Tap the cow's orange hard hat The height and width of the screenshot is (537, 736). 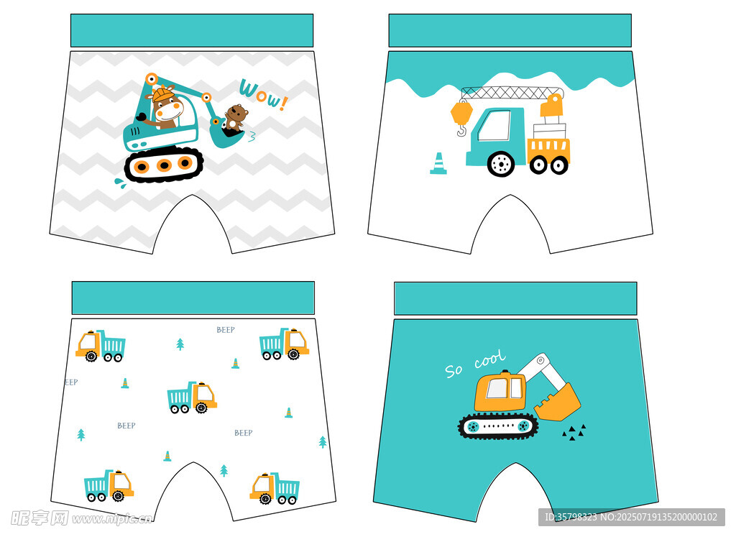(x=162, y=94)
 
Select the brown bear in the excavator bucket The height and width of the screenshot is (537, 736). (x=235, y=117)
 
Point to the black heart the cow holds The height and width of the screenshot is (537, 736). (x=140, y=117)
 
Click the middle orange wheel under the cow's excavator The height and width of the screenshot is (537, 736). (x=164, y=165)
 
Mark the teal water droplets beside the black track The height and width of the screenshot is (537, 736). (x=120, y=183)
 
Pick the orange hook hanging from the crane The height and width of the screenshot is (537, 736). (x=462, y=116)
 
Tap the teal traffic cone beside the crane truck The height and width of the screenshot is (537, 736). (x=438, y=163)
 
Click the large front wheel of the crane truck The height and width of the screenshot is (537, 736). (x=501, y=164)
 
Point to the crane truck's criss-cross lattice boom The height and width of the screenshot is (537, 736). (x=512, y=93)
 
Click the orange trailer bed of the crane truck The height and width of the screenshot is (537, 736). (x=548, y=150)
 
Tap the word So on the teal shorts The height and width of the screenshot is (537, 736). (x=454, y=370)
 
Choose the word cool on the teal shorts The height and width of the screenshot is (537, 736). (x=490, y=359)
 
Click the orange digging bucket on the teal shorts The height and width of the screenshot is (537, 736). (x=558, y=403)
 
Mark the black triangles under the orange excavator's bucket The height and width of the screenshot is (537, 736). (x=574, y=432)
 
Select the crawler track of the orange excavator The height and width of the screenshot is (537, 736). (x=499, y=426)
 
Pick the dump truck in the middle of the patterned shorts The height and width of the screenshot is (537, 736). (x=192, y=397)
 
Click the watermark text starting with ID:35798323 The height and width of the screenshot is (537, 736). (x=631, y=517)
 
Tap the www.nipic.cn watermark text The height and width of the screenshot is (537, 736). (x=112, y=519)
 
